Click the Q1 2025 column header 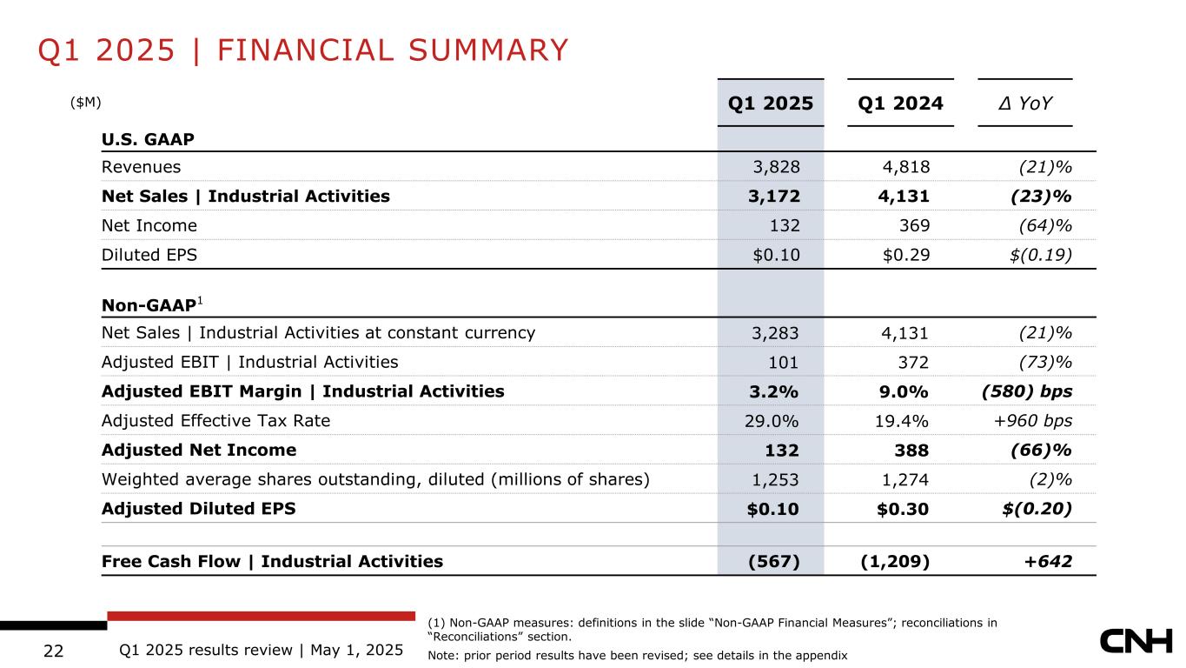pos(770,104)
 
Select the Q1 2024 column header pos(900,104)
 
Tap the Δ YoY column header pos(1024,104)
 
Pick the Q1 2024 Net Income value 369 pos(912,225)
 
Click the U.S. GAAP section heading pos(147,139)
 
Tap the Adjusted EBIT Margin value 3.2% pos(773,391)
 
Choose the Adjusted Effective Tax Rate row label pos(215,421)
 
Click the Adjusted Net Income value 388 pos(911,450)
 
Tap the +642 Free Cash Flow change pos(1048,561)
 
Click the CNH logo pos(1136,643)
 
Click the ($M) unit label pos(86,102)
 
